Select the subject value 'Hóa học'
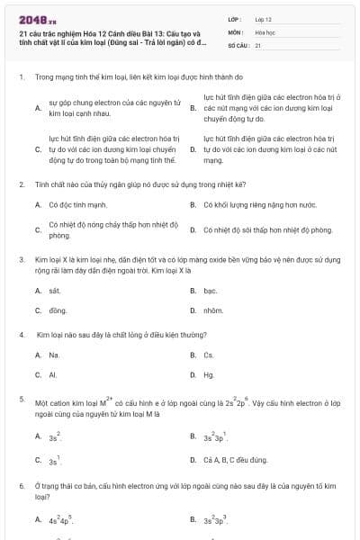[x=265, y=31]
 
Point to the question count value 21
[x=258, y=44]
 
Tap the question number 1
[x=21, y=77]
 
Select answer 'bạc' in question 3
[x=210, y=291]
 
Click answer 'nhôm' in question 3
[x=212, y=310]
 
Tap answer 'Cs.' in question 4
[x=209, y=355]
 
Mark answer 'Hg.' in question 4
[x=209, y=374]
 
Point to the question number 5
[x=21, y=397]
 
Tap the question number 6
[x=21, y=485]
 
